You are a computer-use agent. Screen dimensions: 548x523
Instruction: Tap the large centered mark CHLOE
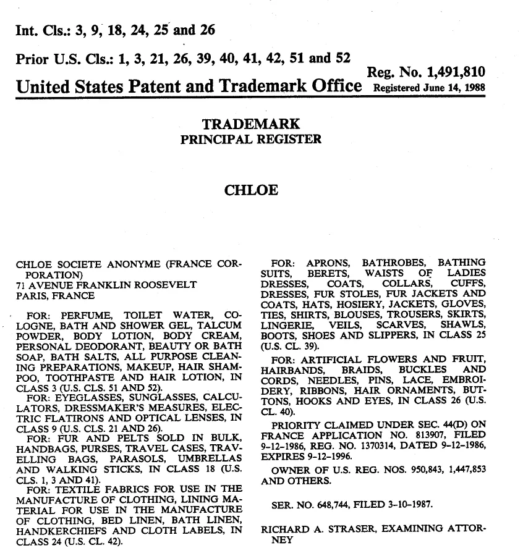point(250,190)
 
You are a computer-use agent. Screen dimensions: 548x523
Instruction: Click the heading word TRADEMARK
point(251,124)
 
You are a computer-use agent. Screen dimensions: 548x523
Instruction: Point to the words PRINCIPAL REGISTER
point(250,139)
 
